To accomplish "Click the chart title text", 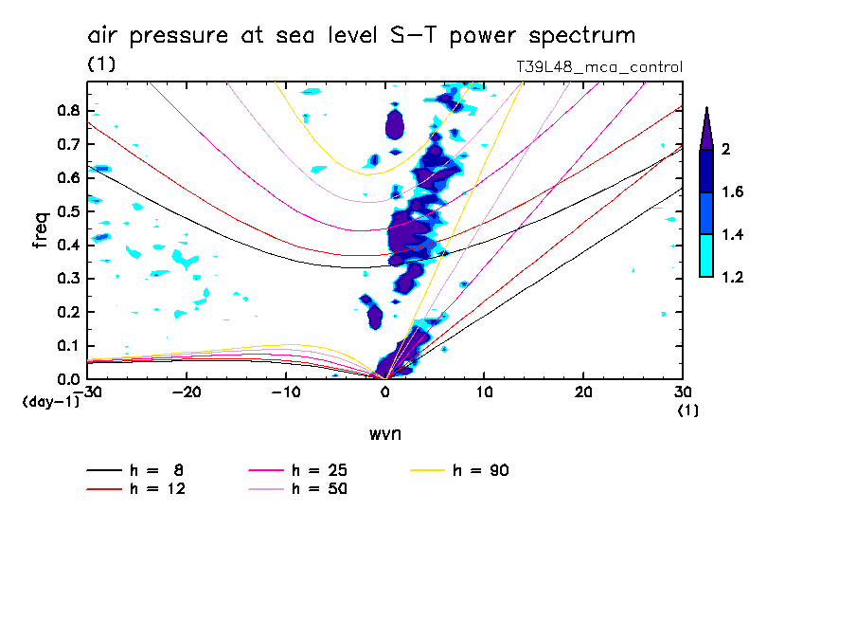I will point(361,36).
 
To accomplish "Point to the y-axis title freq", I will point(41,231).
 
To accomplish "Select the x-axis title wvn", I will point(384,433).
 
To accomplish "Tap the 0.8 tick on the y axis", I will point(67,110).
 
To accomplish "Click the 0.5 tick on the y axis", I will point(67,211).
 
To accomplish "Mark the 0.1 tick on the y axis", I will point(67,346).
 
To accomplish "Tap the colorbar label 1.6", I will point(733,192).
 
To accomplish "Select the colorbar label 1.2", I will point(733,278).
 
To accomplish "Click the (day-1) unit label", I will point(50,402).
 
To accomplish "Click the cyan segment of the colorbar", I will point(705,256).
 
